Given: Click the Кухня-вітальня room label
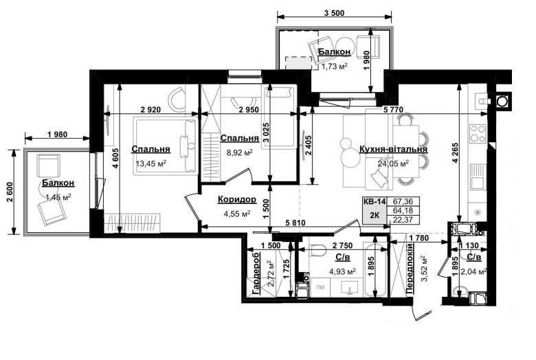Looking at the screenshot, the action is [x=393, y=149].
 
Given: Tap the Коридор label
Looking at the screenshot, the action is [x=237, y=199].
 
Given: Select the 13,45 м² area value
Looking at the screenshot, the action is [x=151, y=164].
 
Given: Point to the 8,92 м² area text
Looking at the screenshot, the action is [x=240, y=153].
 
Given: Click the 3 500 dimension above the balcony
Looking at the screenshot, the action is [x=334, y=13].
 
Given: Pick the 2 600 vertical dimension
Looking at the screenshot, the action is [x=10, y=192].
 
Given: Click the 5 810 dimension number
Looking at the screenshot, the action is [x=295, y=223].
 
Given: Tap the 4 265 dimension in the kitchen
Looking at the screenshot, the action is [x=455, y=153].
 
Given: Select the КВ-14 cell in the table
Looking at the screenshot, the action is [x=375, y=202].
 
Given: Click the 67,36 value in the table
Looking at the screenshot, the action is [x=403, y=201].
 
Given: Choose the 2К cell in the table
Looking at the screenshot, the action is [x=375, y=216].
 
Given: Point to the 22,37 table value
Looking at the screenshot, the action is [x=403, y=220].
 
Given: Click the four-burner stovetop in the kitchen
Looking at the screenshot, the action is [x=478, y=133].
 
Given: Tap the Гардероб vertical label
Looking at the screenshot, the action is [x=256, y=273].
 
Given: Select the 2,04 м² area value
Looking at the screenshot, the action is [x=473, y=272].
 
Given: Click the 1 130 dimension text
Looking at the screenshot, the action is [x=469, y=245].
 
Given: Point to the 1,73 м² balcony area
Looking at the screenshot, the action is [x=334, y=66].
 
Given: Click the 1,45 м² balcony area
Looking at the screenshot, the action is [x=58, y=197].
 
